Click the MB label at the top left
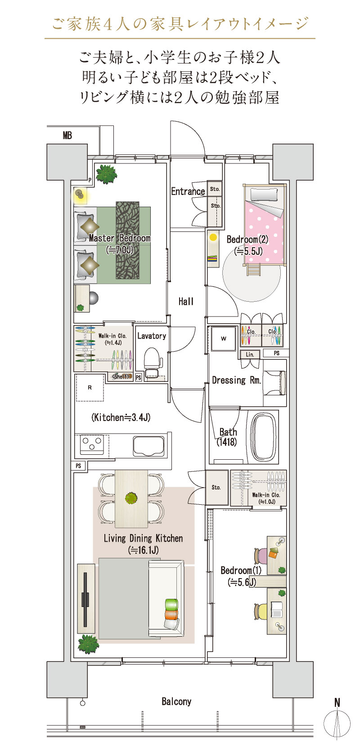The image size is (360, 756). pos(67,136)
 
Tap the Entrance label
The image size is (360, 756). pos(188,191)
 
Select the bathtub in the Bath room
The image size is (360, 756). pos(265,437)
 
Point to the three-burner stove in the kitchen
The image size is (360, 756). pos(92,444)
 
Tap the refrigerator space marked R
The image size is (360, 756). pos(90,387)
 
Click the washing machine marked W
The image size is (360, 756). pos(223,339)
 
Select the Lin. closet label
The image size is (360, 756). pos(250,354)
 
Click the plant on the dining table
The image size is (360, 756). pos(131,498)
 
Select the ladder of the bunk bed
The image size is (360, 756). pos(253,270)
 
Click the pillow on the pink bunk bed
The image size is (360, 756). pos(264,195)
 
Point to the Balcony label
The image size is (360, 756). pos(176,702)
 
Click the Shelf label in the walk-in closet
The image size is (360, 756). pos(121,376)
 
